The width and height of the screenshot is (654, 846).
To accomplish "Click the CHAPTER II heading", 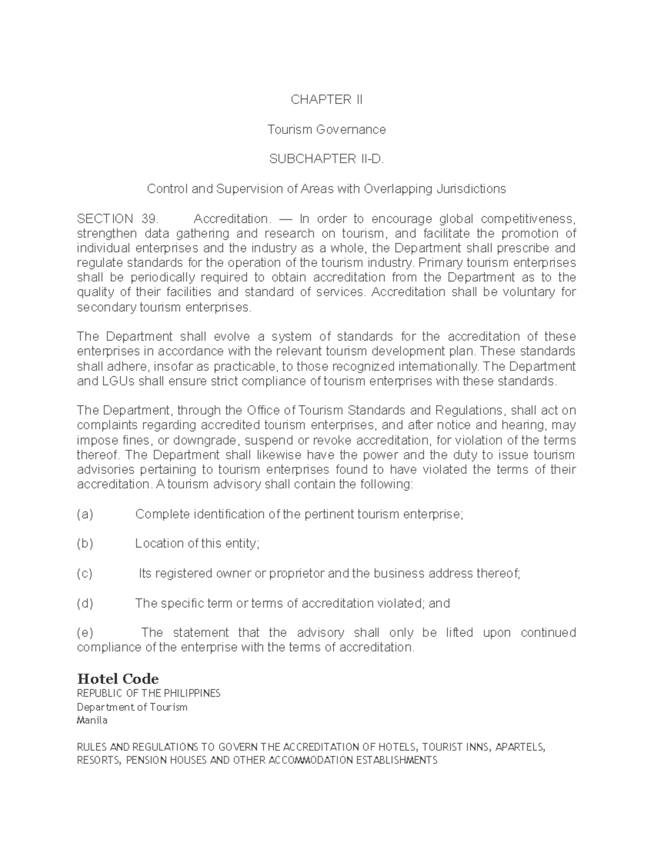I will coord(326,100).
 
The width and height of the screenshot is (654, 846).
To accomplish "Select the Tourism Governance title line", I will coord(326,130).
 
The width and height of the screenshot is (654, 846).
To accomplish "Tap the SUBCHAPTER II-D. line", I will coord(326,159).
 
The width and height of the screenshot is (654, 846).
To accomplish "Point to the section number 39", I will coord(149,219).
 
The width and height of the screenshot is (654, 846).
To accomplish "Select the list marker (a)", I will coord(85,514).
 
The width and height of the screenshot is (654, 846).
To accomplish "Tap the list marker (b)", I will coord(85,544).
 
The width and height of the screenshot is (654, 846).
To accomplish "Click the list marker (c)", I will coord(85,574).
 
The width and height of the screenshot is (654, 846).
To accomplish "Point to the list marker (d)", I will coord(85,604).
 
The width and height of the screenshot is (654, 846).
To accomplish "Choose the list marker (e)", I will coord(85,633).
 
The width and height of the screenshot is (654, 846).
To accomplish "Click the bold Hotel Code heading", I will coord(118,679).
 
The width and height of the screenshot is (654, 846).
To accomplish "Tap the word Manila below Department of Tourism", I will coord(92,721).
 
